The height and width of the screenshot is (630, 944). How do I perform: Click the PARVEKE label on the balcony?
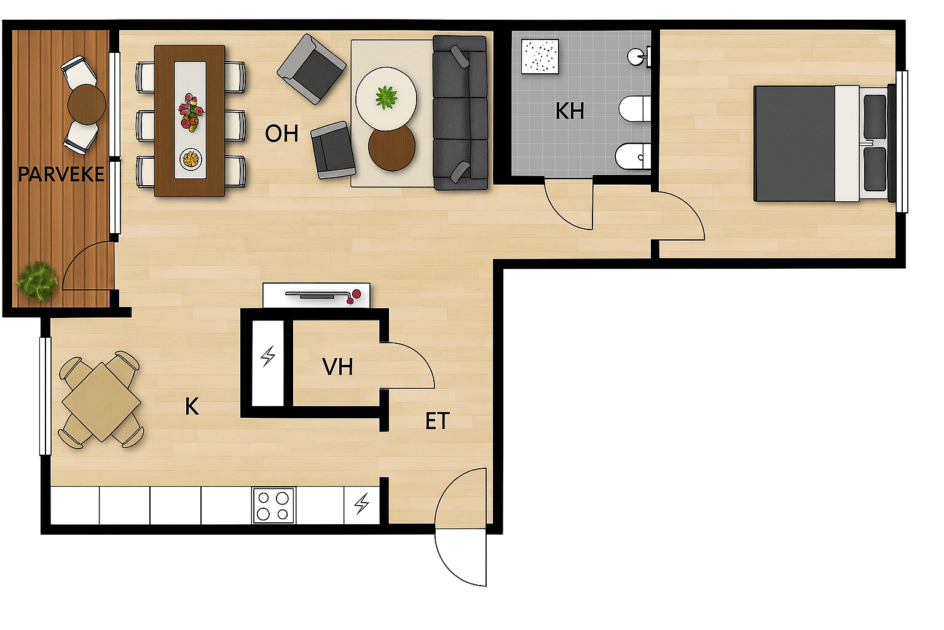coord(61,175)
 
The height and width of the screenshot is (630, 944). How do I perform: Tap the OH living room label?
coord(281,134)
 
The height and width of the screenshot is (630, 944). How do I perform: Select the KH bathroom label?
coord(570,111)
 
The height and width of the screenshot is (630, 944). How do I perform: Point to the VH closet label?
coord(337,367)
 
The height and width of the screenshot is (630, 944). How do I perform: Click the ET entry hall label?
coord(438,421)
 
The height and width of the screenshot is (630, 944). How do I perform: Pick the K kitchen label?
coord(192,407)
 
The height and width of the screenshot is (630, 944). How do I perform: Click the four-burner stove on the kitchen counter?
coord(273,506)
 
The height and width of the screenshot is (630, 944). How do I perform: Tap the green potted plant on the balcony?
coord(37,281)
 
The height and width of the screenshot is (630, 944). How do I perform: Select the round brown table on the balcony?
coord(87,104)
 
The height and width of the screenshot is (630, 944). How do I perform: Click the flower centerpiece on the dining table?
coord(191,112)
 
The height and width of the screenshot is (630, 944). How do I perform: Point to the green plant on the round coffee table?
coord(387,97)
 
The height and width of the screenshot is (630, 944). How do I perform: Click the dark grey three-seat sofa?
coord(460,113)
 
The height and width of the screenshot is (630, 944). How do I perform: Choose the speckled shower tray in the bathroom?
coord(540,57)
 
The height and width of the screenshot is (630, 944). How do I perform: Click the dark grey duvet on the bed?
coord(795,143)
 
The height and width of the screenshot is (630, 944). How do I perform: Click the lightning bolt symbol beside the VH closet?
coord(268,356)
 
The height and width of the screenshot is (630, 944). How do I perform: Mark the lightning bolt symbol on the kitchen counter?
coord(361,504)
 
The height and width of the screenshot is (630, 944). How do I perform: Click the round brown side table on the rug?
coord(391,147)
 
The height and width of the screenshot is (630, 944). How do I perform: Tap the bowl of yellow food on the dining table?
coord(191,159)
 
